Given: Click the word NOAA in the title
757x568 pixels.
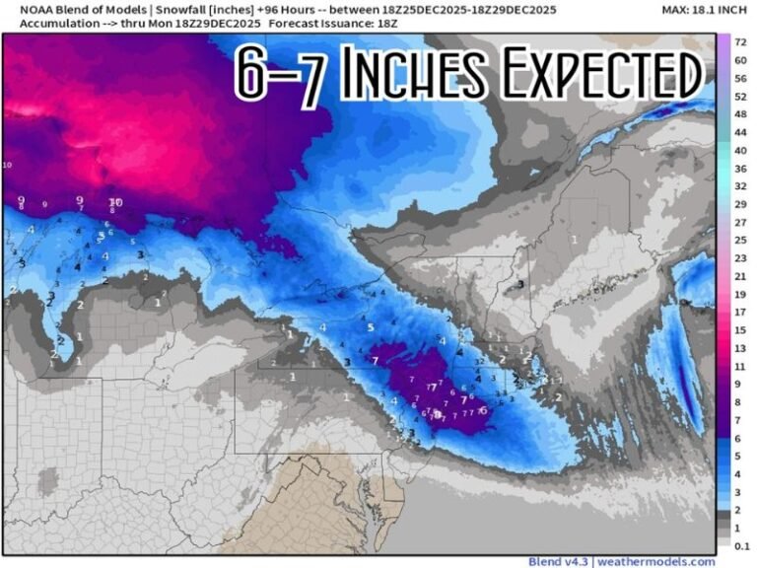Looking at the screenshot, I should coord(25,9).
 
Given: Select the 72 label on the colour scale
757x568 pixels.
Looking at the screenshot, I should coord(739,42).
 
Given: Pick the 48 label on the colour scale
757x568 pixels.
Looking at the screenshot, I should coord(739,114).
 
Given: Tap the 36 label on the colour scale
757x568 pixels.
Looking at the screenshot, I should coord(739,169).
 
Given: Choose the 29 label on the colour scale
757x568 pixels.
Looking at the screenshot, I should coord(739,204).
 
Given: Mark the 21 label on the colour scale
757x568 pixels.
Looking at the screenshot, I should coord(739,276).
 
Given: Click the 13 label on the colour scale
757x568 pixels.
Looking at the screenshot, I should coord(739,348).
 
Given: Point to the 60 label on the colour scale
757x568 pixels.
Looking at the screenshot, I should coord(739,60).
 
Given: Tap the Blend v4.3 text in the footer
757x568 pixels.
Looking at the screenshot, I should coord(558,561).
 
